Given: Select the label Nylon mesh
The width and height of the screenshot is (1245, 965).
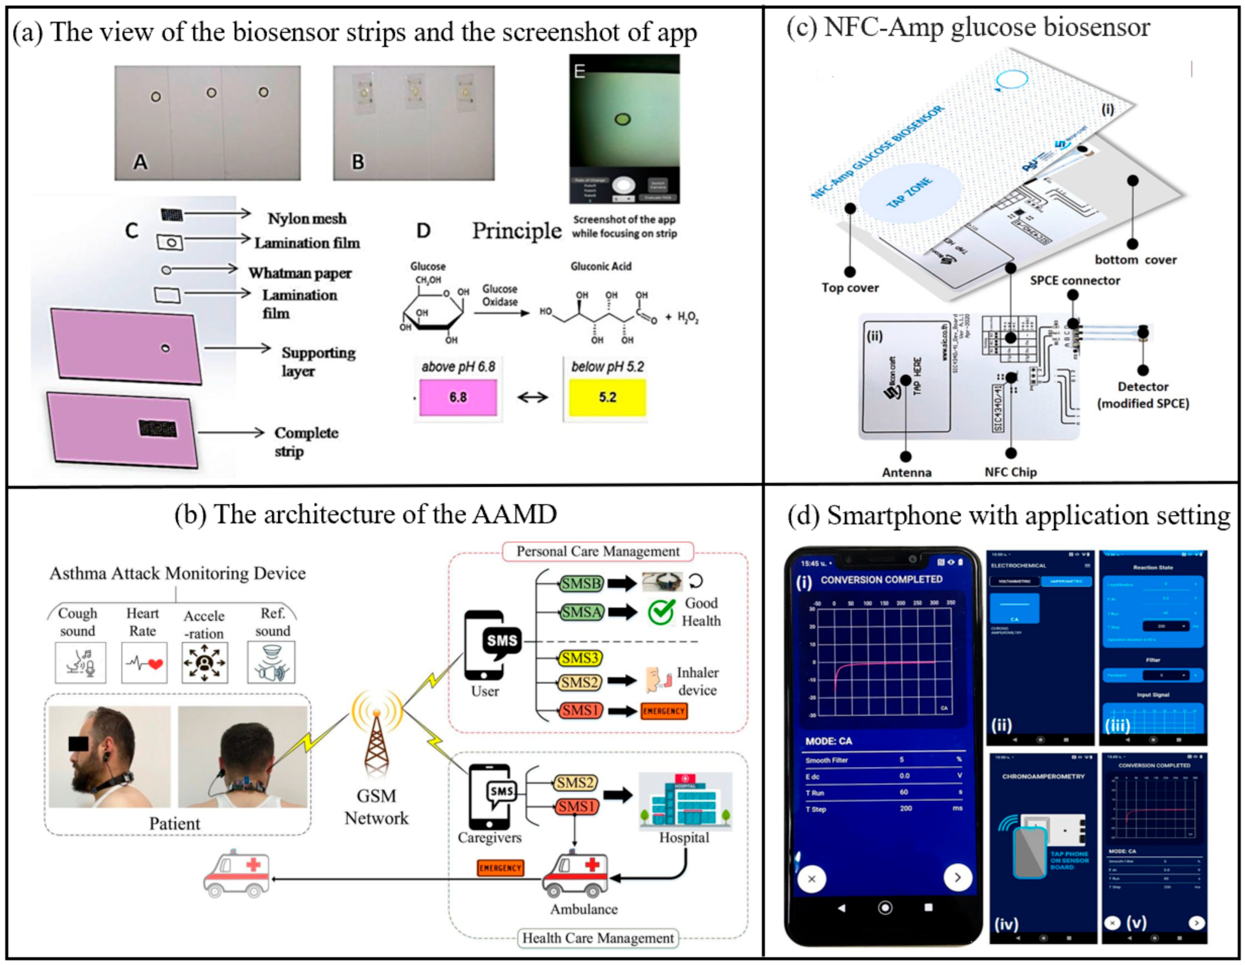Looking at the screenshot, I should (307, 218).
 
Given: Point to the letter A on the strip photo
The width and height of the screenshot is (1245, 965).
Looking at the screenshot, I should (140, 162).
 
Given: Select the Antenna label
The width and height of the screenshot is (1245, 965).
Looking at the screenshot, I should (906, 472).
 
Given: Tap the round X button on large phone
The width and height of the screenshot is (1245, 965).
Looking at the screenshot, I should (812, 879).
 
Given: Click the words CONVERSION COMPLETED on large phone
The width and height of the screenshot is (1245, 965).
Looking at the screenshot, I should (881, 580).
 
